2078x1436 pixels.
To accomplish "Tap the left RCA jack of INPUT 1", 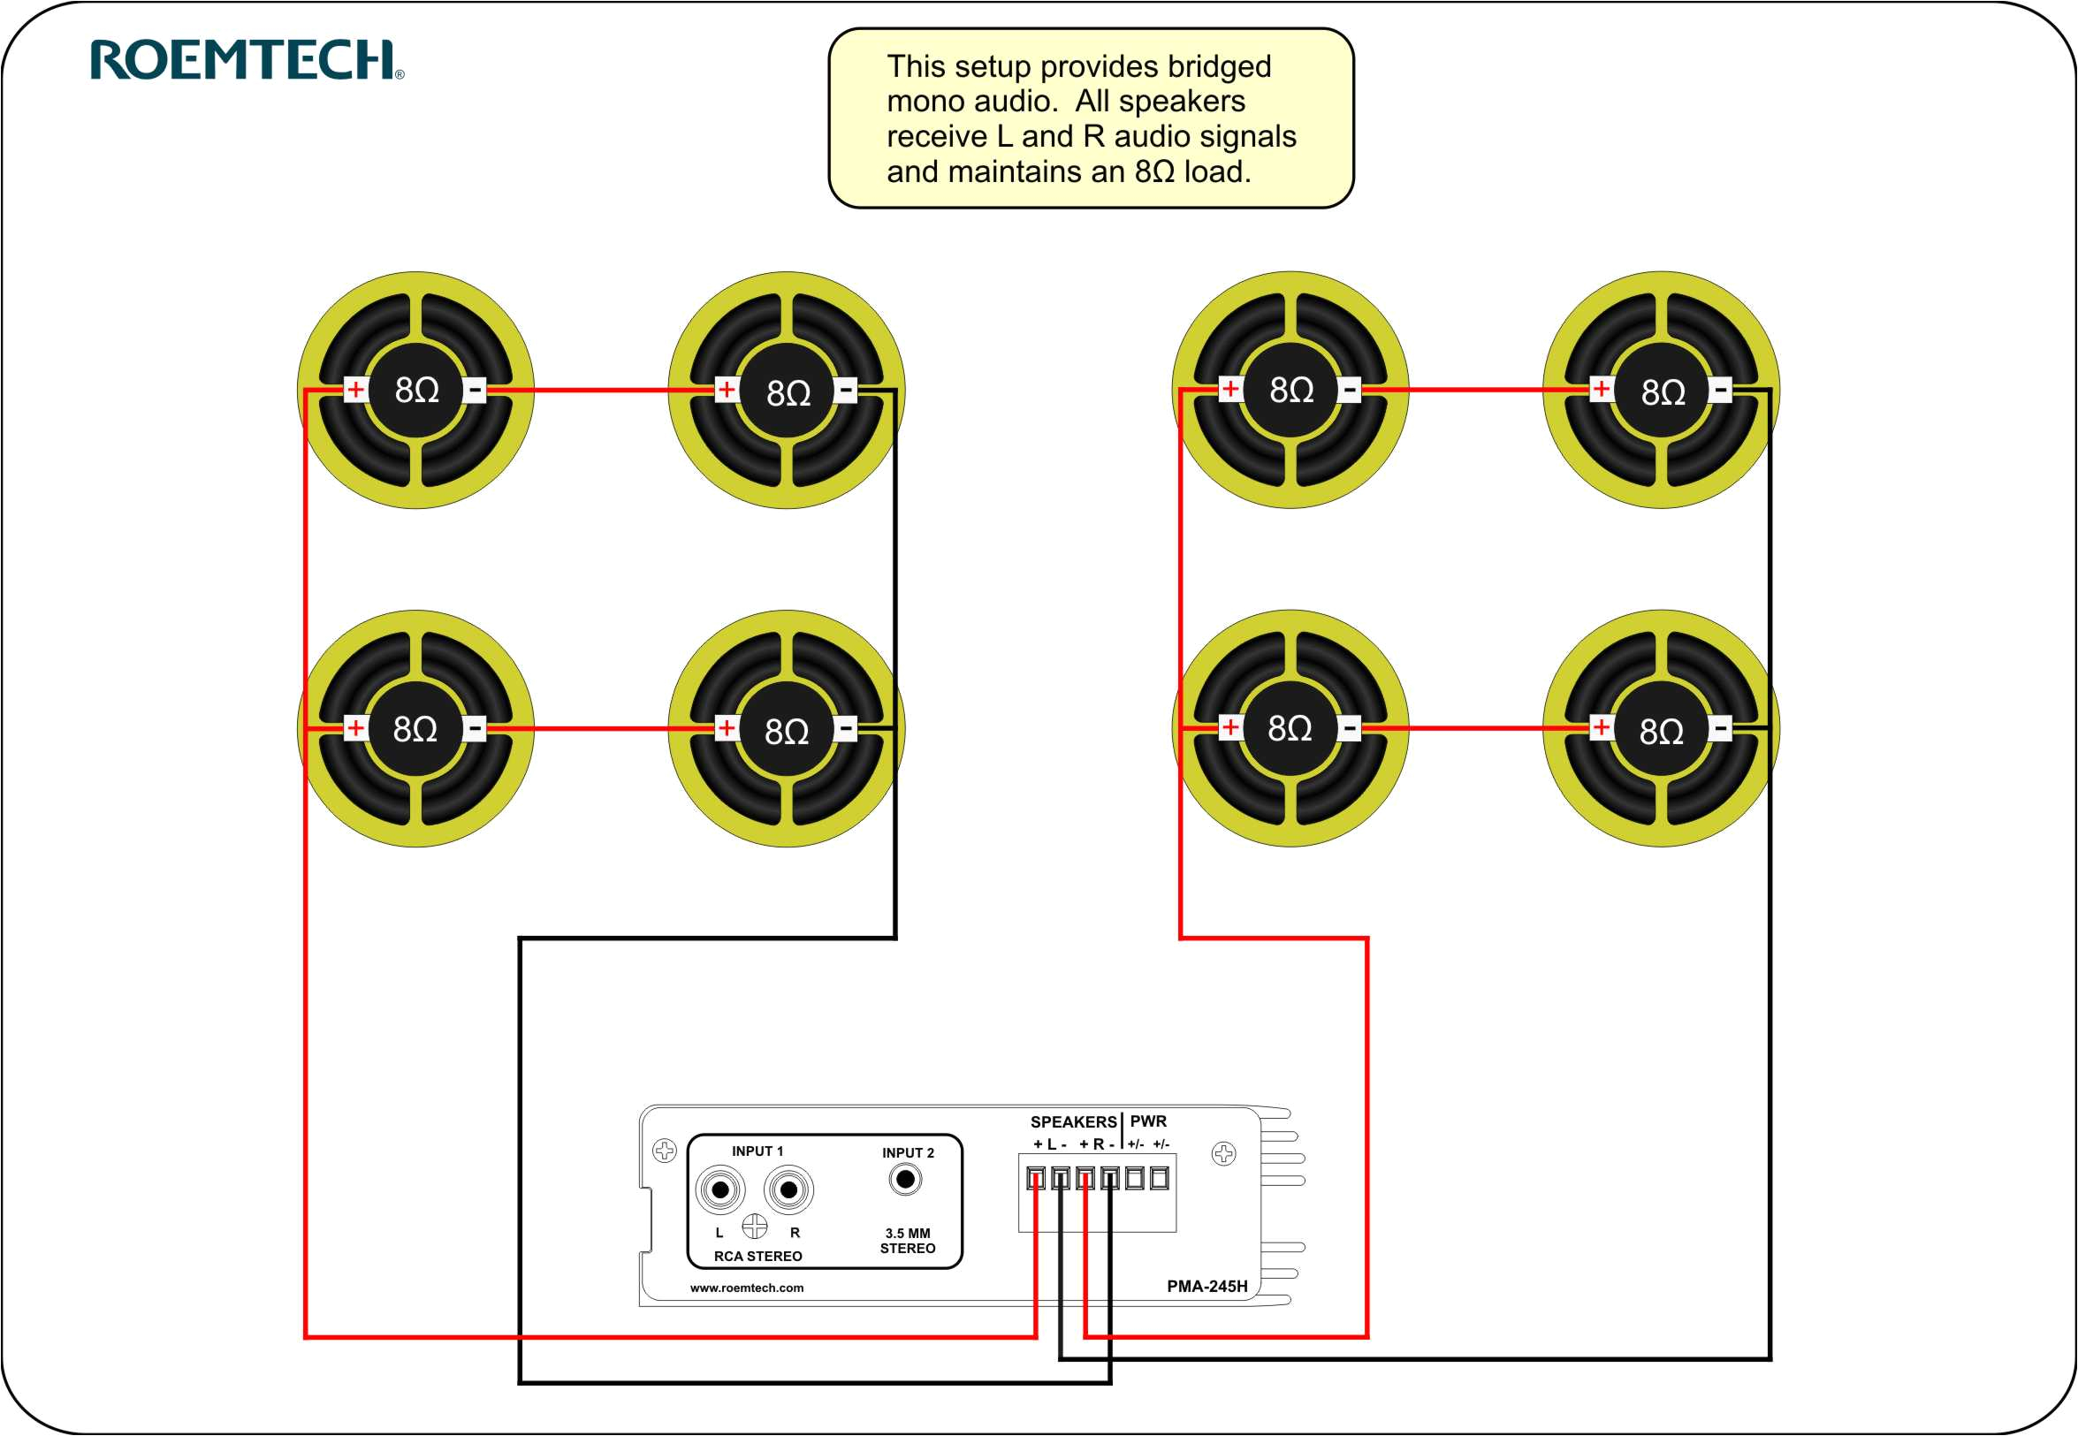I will coord(720,1190).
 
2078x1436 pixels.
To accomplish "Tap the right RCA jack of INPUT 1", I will coord(788,1190).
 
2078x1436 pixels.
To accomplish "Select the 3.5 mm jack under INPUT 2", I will coord(905,1179).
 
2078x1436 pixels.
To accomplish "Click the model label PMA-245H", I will coord(1206,1287).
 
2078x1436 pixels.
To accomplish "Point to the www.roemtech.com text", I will coord(746,1288).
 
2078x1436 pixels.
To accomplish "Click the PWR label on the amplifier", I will coord(1147,1122).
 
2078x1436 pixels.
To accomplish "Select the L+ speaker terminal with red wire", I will coord(1036,1179).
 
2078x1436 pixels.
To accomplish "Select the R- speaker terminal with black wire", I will coord(1109,1179).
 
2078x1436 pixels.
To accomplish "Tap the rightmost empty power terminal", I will coord(1159,1179).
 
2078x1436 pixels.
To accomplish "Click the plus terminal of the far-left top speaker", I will coord(355,390).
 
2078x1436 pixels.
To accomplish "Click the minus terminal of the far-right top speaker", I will coord(1720,391).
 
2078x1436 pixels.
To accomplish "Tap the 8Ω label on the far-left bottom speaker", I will coord(415,729).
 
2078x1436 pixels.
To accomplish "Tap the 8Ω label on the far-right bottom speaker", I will coord(1661,732).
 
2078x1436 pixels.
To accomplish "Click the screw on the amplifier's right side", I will coord(1223,1153).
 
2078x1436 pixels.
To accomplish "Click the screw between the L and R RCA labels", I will coord(754,1226).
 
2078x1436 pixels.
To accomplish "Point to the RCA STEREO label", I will coord(757,1257).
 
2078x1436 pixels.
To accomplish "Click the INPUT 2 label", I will coord(907,1153).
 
